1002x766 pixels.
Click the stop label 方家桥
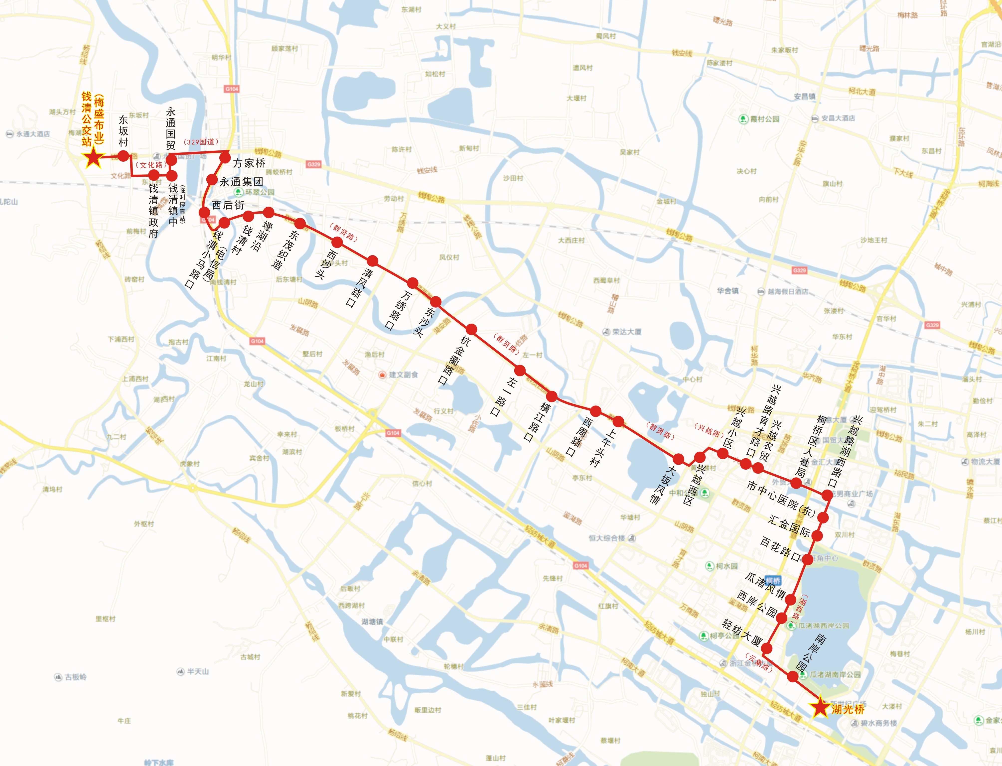[249, 163]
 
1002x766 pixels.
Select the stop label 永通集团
[241, 182]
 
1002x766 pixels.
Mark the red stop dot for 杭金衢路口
[471, 329]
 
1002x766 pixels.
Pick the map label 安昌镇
[804, 97]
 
